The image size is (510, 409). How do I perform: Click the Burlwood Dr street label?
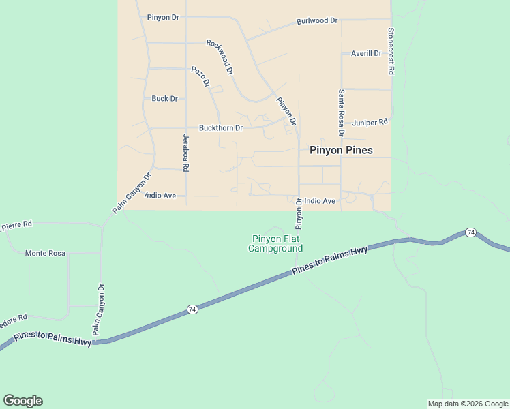coord(317,21)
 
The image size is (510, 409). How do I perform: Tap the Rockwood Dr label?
coord(220,57)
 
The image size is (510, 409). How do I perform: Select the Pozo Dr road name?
coord(200,76)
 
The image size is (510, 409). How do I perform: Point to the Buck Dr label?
coord(164,99)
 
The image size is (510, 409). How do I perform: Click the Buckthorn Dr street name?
coord(221,127)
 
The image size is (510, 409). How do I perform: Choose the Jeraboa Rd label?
coord(185,152)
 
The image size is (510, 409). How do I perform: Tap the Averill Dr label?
coord(366,53)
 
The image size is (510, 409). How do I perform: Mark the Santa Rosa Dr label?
coord(341,112)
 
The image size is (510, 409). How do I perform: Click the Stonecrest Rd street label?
coord(391,51)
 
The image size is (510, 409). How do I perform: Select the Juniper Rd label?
coord(370,123)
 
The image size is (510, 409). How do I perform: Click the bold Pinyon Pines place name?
coord(341,150)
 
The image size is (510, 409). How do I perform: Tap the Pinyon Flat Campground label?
coord(275,243)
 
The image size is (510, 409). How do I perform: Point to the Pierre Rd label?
coord(16,224)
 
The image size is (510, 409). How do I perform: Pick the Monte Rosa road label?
coord(45,253)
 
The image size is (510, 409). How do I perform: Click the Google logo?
coord(22,401)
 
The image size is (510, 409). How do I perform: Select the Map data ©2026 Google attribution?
coord(467,404)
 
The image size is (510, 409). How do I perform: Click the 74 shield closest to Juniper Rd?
coord(470,233)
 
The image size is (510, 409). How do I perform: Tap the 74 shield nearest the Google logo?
coord(192,309)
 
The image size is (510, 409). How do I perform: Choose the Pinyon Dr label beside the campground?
coord(299,213)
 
